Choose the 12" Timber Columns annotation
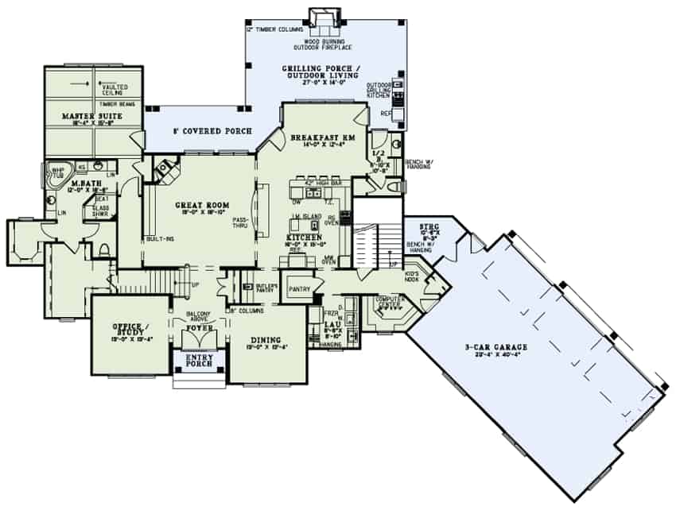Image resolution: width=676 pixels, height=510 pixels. click(274, 29)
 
